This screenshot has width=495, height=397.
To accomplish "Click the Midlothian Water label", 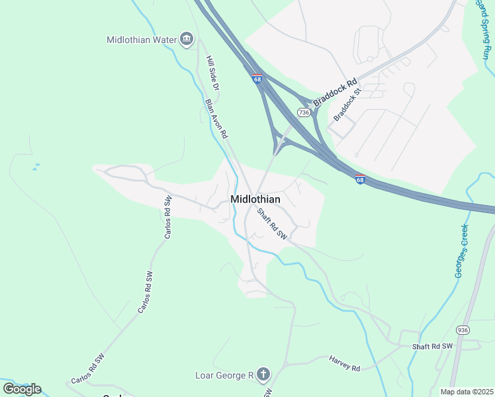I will point(142,40).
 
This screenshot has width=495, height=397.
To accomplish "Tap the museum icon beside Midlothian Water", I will point(186,40).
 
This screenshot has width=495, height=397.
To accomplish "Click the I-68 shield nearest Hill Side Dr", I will point(257,79).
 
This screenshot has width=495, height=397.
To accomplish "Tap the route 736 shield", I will point(304,112).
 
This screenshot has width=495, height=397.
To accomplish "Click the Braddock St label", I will point(347,105).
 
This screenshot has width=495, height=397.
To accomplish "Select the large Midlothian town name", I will point(255,199).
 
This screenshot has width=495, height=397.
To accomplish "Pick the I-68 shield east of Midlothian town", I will point(359,179).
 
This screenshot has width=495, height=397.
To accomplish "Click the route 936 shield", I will point(462,330).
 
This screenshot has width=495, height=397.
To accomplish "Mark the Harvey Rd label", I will point(344,363).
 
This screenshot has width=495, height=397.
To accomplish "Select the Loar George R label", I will point(224,376).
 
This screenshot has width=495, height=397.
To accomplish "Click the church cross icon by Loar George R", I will point(263,375).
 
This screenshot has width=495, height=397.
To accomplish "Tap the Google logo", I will point(22,388).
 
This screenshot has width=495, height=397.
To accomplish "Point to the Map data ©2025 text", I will point(467,392).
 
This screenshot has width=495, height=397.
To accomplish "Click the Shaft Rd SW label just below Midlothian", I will point(272,224).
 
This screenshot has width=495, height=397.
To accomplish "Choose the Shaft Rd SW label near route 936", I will point(431,347).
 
